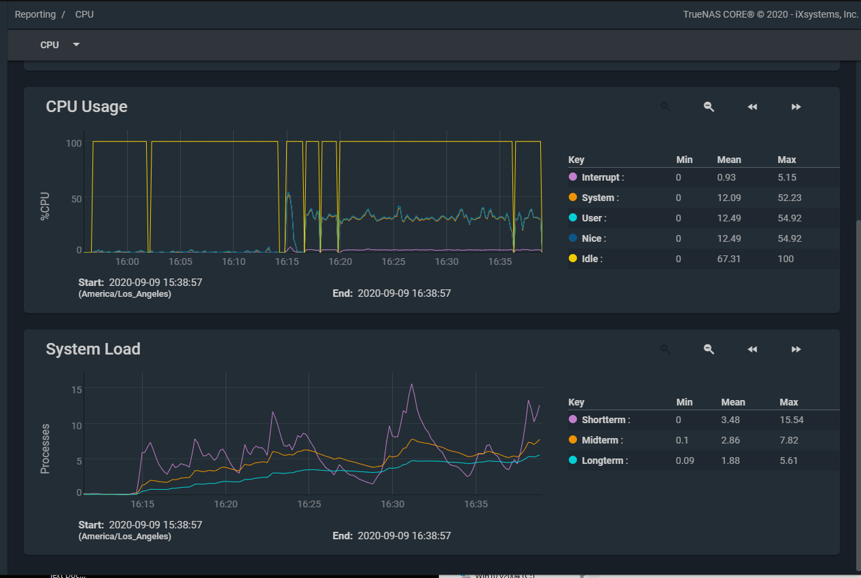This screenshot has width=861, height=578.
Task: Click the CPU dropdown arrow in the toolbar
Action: point(76,45)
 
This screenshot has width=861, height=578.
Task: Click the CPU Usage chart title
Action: point(86,107)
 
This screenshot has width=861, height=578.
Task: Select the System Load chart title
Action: point(92,349)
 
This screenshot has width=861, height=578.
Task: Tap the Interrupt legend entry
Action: point(601,177)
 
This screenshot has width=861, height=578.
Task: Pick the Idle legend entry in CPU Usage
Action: point(591,259)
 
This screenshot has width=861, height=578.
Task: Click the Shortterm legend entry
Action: point(605,420)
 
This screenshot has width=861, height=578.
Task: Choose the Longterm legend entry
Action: point(604,460)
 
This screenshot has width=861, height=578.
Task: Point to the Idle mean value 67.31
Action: point(729,259)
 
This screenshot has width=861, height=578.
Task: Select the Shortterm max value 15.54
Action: point(792,420)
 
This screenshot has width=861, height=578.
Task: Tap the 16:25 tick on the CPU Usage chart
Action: point(393,261)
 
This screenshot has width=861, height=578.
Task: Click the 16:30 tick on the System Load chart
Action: point(393,505)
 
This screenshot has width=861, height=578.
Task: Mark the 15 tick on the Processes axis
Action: point(76,389)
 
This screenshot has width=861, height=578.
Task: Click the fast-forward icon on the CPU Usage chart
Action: point(796,107)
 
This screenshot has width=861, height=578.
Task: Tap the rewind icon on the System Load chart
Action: point(752,349)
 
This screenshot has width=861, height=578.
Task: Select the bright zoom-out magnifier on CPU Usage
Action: point(709,107)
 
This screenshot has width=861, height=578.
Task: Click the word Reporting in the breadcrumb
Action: point(35,14)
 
